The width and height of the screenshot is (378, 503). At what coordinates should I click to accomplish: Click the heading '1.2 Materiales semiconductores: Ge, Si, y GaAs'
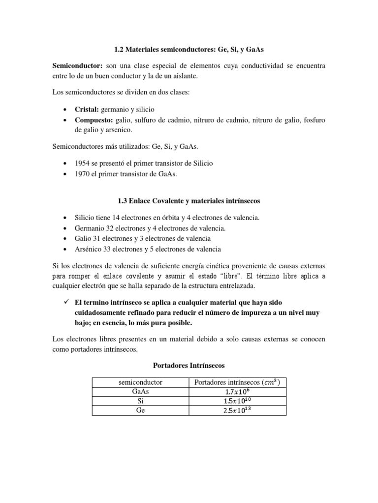[189, 49]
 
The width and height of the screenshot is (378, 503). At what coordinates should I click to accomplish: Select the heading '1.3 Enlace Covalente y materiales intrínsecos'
[189, 200]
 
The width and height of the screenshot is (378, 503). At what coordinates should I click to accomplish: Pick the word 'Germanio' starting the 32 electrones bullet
[89, 228]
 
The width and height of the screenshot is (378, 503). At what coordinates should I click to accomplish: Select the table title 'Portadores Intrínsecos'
[189, 365]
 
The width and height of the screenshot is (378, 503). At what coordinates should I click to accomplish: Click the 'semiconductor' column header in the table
[141, 382]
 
